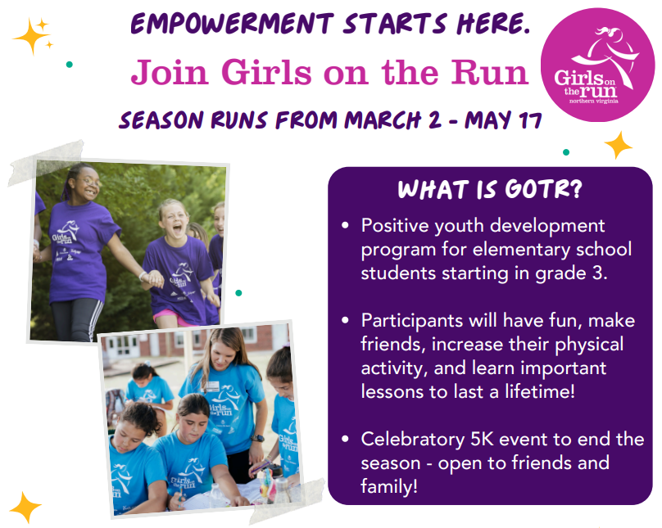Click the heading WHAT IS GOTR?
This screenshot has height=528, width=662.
(x=490, y=190)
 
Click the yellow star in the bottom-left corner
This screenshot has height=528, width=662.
(x=25, y=507)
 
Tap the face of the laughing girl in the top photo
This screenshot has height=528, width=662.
(x=172, y=219)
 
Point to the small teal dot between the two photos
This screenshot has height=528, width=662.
(x=238, y=292)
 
